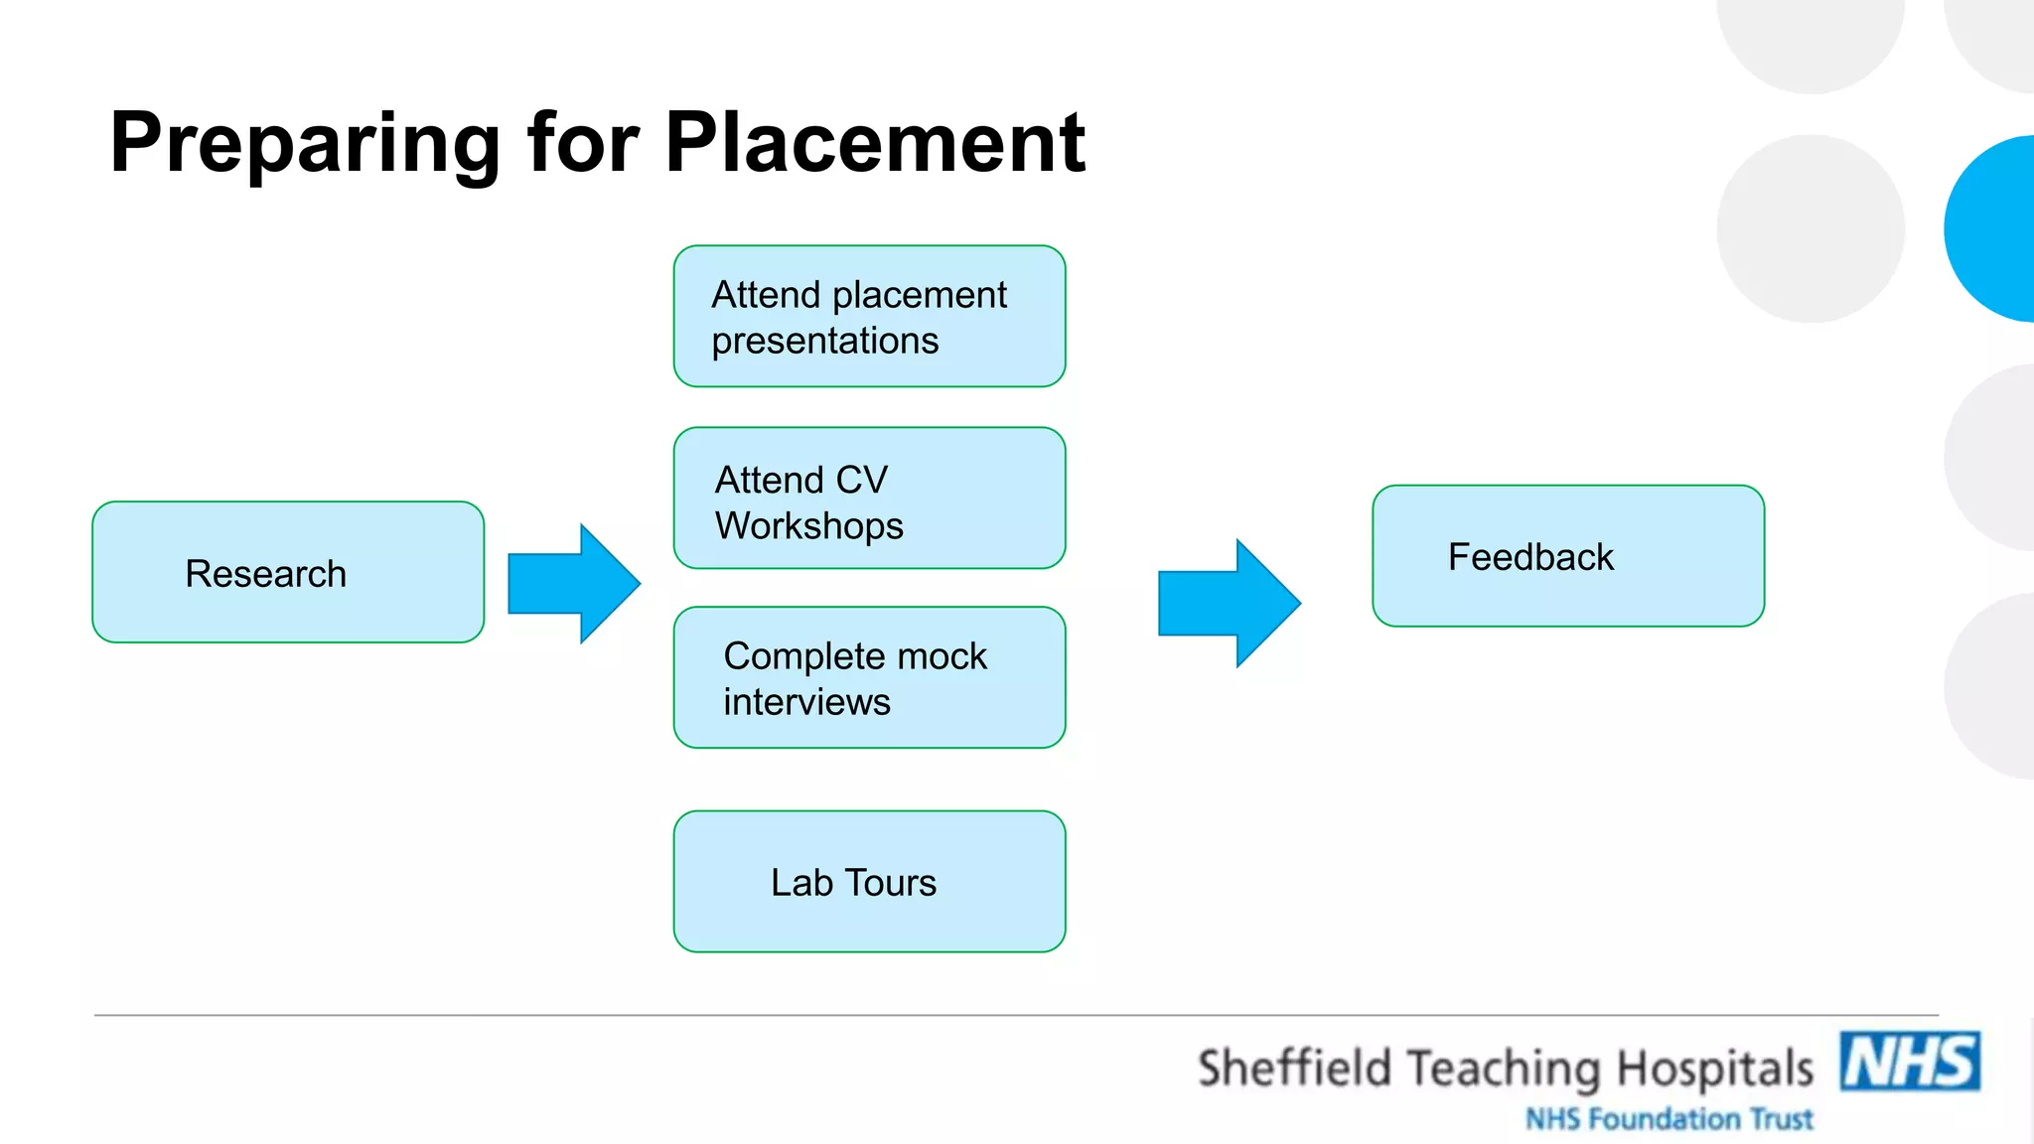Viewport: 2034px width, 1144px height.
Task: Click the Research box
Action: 288,572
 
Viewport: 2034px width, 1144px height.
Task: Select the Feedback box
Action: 1568,556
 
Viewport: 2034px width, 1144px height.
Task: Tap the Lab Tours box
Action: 869,882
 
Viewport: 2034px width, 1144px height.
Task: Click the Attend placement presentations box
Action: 869,316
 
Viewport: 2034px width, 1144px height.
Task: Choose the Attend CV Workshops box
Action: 869,498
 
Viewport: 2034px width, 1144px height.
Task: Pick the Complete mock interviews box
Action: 869,677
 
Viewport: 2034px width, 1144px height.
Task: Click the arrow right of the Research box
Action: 574,584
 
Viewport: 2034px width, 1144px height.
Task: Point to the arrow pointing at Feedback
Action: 1230,603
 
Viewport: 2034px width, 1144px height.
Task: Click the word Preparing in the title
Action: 305,145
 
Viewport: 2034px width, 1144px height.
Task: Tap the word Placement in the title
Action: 875,143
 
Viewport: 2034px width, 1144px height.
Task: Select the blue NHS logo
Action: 1910,1062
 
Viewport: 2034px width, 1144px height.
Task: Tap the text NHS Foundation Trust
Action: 1669,1119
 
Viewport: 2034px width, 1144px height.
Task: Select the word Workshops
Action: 809,525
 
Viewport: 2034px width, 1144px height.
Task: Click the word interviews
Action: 806,702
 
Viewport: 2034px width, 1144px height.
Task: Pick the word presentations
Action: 824,342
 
